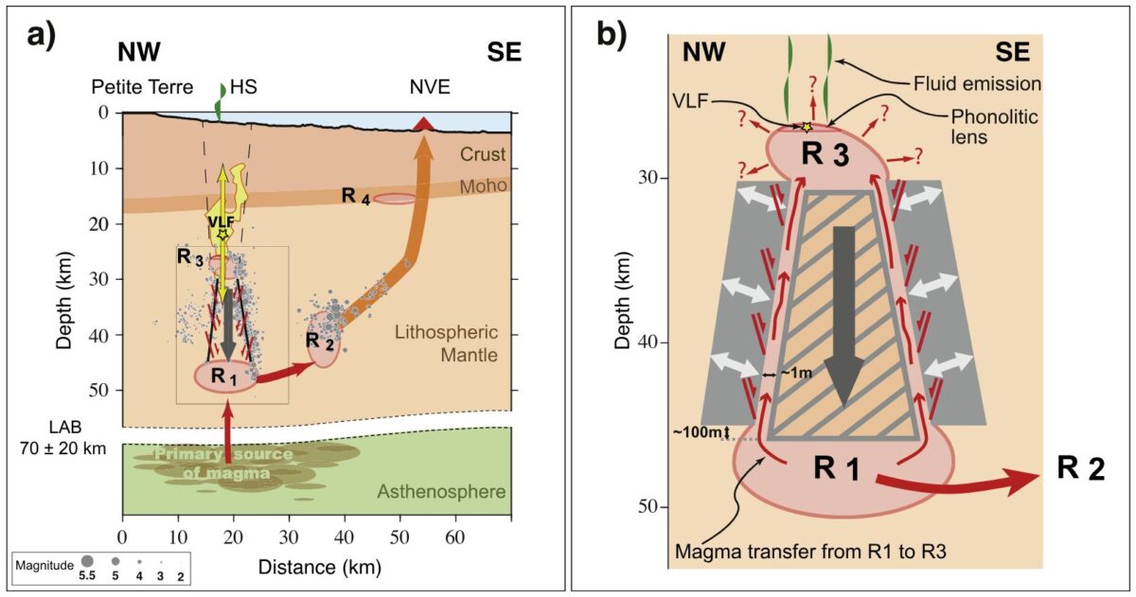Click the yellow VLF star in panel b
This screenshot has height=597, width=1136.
click(x=807, y=127)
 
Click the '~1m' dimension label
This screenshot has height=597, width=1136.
click(x=795, y=376)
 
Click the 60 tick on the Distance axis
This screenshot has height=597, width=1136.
click(x=455, y=536)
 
